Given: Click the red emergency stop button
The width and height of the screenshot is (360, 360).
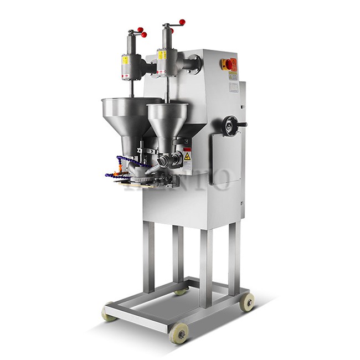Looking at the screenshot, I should click(229, 64).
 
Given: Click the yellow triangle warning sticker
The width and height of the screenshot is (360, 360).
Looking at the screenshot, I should click(188, 157).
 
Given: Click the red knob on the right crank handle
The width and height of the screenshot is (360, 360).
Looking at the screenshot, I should click(182, 23).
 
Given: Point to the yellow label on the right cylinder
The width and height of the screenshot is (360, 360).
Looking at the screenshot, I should click(161, 55).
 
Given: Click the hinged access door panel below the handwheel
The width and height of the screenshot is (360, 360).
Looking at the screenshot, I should click(226, 160).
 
